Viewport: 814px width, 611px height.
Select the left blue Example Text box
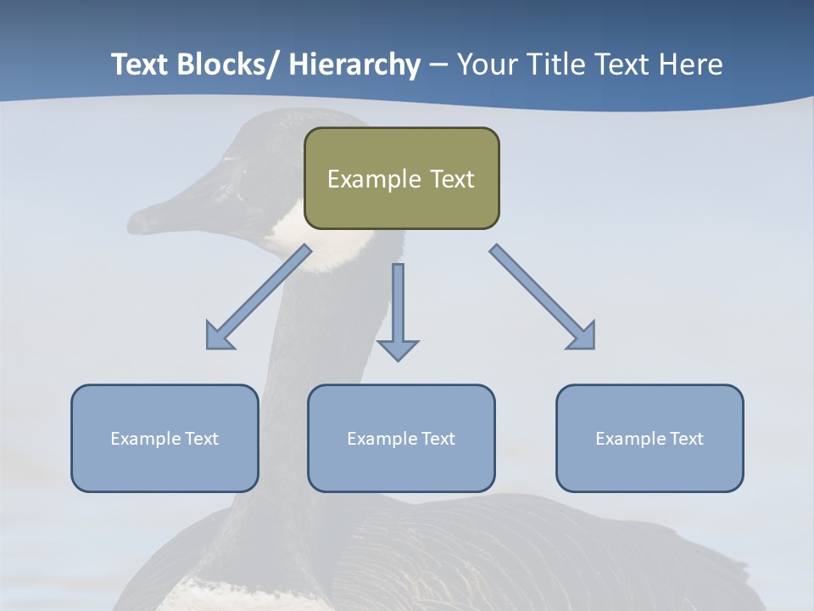(164, 438)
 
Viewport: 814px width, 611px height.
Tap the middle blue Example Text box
(401, 438)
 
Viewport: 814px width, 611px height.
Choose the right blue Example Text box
(650, 438)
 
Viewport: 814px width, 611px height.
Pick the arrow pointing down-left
(259, 297)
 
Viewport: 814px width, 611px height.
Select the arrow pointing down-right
(543, 297)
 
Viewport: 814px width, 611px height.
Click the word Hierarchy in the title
(354, 64)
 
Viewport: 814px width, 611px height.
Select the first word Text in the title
(139, 64)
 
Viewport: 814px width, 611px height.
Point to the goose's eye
(228, 159)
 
